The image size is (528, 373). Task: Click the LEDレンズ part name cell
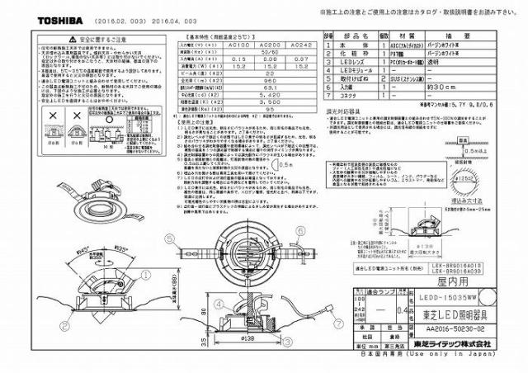(x=352, y=62)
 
